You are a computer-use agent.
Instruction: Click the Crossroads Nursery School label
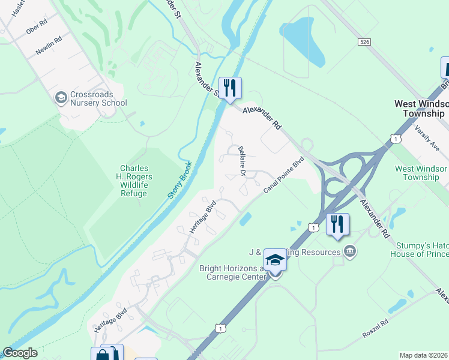[98, 98]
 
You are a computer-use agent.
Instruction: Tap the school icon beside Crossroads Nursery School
[61, 97]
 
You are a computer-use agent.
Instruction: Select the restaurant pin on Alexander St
[229, 88]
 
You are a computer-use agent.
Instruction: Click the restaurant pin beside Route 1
[337, 225]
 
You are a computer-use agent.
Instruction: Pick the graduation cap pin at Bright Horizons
[275, 260]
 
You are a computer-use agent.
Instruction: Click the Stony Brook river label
[178, 180]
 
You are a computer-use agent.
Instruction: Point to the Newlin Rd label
[49, 47]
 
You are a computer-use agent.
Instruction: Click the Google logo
[20, 353]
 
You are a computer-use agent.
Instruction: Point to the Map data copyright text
[424, 355]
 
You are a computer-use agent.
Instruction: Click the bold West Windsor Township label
[421, 108]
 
